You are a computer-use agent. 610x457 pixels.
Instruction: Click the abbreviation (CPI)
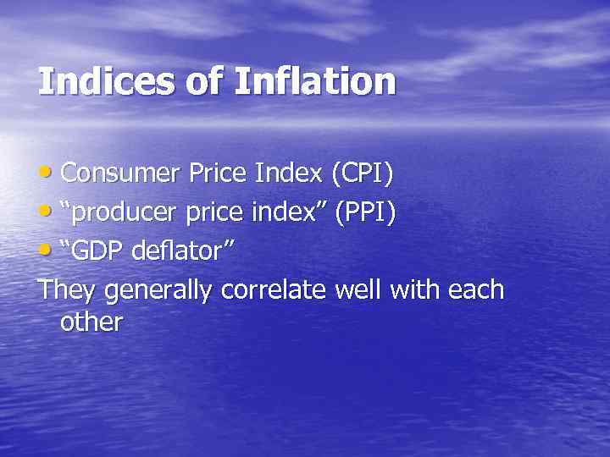[x=362, y=173]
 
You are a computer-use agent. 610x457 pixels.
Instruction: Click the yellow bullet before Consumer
[x=47, y=173]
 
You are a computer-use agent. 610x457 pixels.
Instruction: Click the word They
[x=67, y=290]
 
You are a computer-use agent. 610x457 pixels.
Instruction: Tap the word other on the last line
[x=91, y=322]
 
